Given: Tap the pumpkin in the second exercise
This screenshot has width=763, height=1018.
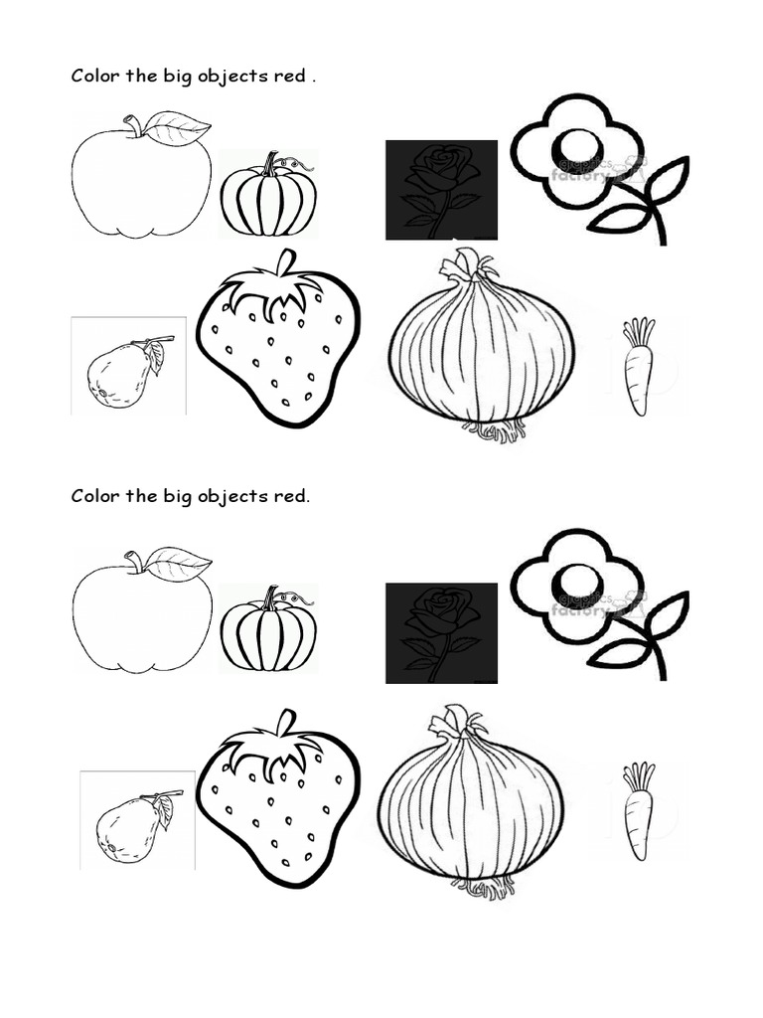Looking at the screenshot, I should pos(268,632).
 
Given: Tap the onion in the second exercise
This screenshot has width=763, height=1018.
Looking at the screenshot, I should pos(470,801).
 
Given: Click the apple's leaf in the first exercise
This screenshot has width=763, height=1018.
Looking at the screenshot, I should pos(178,127).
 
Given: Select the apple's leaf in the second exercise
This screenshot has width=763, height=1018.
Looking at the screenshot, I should pos(178,563).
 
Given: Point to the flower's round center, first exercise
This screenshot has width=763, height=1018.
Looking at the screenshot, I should pos(576,146).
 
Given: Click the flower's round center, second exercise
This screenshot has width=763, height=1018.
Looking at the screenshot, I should pos(576,582).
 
